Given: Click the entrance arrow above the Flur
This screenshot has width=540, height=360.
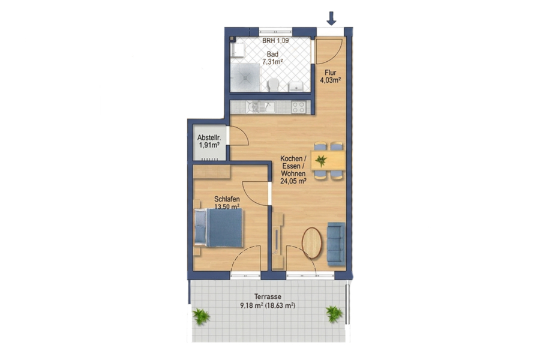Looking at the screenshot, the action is (331, 18).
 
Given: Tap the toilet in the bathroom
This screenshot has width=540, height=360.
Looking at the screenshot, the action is (274, 85).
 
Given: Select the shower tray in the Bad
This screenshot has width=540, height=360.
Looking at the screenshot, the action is (245, 77).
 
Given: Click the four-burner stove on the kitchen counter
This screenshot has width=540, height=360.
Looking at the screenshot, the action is (299, 107).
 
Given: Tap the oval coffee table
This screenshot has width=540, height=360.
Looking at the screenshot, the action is (312, 242).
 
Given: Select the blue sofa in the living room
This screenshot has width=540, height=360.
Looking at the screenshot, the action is (336, 244).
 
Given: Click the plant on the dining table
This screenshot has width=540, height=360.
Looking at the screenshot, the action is (321, 160).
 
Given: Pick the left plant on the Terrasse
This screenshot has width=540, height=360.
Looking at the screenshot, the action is (201, 316).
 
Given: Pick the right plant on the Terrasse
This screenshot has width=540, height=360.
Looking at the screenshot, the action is (334, 314).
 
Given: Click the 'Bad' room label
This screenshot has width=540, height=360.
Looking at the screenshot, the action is (273, 55).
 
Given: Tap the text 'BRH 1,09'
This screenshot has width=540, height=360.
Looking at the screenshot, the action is (275, 41).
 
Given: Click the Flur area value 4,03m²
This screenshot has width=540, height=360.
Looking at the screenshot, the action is (331, 80).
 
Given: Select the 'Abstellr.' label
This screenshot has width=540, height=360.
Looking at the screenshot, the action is (209, 138).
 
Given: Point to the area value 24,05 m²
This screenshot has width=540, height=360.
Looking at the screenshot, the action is (293, 181).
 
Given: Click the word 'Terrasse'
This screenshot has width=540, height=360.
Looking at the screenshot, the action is (268, 296).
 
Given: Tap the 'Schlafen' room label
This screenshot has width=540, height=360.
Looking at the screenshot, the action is (227, 199).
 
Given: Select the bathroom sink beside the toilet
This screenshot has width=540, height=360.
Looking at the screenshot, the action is (296, 86).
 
